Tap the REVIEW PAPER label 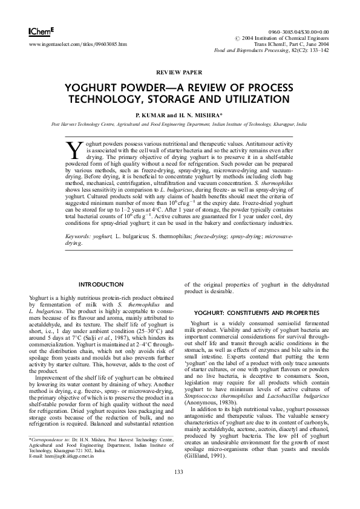pyautogui.click(x=179, y=71)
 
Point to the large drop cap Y pyautogui.click(x=73, y=149)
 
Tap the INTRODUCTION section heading pyautogui.click(x=102, y=284)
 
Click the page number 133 pyautogui.click(x=179, y=488)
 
